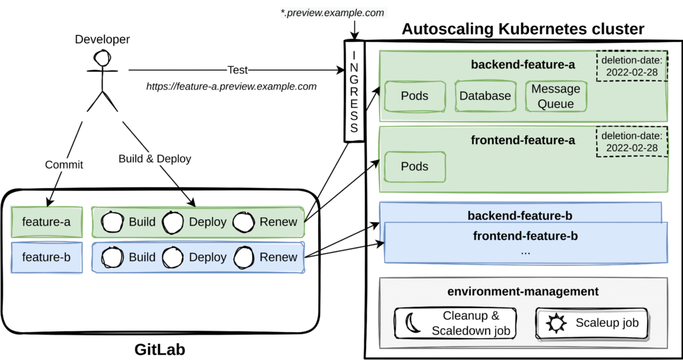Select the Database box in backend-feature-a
tap(485, 96)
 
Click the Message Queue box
tap(556, 96)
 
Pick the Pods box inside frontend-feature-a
tap(415, 167)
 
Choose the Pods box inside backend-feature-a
tap(415, 96)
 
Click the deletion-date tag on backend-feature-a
tap(632, 67)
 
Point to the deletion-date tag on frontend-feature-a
tap(632, 141)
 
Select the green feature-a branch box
tap(47, 222)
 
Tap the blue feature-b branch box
tap(47, 257)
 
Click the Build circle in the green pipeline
tap(111, 222)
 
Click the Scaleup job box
tap(592, 323)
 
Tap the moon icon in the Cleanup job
tap(411, 323)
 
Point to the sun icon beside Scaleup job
tap(556, 324)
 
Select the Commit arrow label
tap(64, 165)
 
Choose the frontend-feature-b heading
tap(526, 236)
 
